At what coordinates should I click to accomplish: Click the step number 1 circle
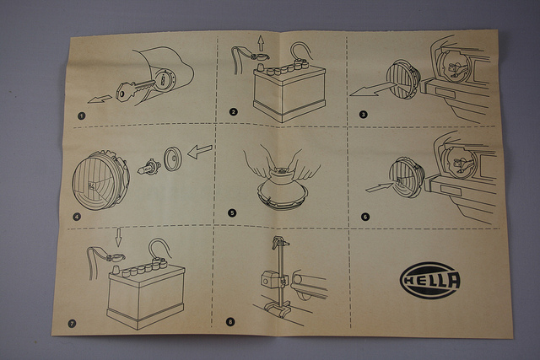81,116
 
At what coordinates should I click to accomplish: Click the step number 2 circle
234,111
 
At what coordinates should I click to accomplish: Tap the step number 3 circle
364,115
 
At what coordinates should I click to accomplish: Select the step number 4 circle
77,217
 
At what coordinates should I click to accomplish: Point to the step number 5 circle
232,213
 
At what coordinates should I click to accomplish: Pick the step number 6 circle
365,217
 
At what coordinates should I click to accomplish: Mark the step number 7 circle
72,324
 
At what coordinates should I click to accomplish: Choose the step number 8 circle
230,322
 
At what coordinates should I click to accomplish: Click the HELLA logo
430,280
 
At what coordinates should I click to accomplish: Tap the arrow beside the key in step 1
100,99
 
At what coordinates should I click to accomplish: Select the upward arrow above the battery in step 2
261,44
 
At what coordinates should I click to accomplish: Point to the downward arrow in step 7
118,238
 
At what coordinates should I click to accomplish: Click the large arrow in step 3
371,89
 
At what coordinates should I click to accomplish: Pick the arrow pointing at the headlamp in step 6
379,187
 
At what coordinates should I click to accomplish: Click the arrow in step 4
200,152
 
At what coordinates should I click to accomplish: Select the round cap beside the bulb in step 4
172,159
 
